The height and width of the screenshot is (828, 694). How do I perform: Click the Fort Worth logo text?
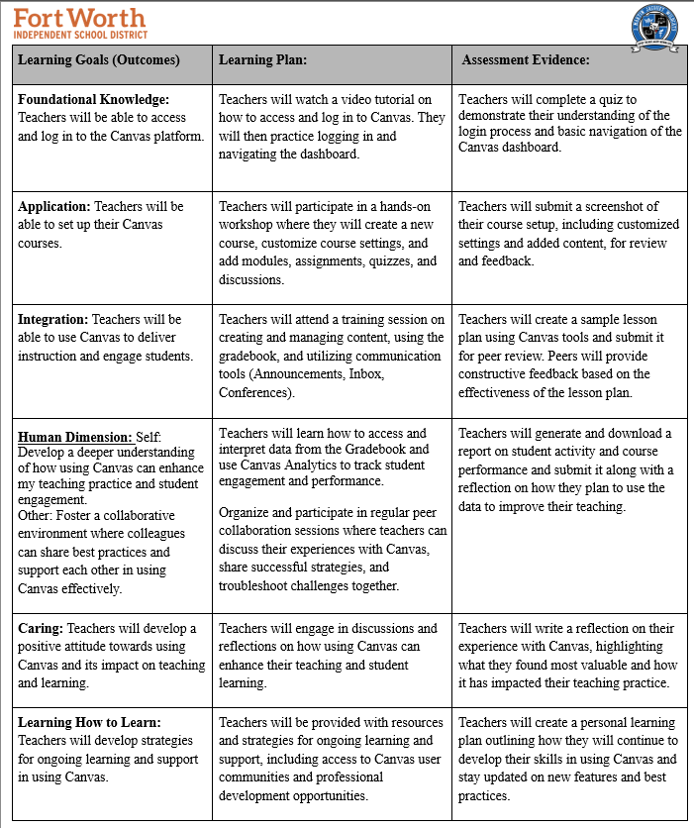79,17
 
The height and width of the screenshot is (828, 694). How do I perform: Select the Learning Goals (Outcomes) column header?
99,59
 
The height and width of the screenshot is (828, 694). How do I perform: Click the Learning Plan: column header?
262,59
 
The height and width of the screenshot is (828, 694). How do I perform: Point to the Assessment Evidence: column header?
526,59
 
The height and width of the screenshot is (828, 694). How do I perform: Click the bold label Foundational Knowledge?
94,99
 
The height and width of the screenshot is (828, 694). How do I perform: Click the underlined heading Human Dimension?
75,436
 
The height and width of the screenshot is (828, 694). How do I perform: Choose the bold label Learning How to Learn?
89,722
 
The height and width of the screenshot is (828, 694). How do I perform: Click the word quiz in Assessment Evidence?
620,99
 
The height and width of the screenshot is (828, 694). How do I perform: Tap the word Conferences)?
256,392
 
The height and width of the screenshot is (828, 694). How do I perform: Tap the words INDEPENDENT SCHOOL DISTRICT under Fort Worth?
80,35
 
